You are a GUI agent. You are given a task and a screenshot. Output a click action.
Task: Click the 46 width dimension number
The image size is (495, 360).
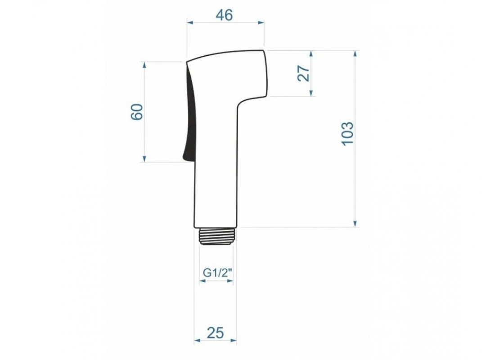225,15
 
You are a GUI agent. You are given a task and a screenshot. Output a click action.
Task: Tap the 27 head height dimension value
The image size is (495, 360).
304,73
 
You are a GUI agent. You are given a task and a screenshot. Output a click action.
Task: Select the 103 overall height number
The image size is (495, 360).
347,134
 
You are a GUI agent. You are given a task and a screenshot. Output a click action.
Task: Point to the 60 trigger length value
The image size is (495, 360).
137,112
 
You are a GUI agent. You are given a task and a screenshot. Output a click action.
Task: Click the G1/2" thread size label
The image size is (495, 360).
218,272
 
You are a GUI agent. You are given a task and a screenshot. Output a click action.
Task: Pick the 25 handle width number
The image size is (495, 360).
215,333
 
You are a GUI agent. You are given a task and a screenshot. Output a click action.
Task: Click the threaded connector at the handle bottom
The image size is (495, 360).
216,236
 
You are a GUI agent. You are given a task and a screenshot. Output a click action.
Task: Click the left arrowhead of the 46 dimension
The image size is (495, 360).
190,22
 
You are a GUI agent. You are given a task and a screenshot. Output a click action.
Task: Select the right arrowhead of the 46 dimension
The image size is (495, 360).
261,22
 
